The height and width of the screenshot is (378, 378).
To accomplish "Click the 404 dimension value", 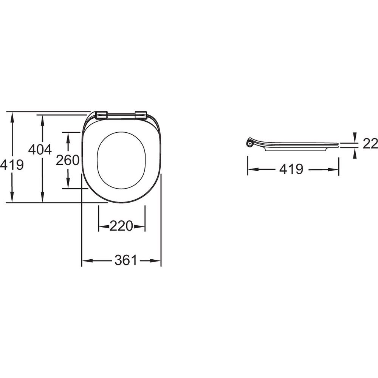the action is point(40,149).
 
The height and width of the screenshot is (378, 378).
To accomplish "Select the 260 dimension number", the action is point(68,160).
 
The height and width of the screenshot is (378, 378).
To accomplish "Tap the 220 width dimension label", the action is point(121,226).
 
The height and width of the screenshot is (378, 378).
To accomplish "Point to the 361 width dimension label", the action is point(126,260).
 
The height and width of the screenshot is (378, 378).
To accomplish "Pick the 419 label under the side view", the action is point(291,169).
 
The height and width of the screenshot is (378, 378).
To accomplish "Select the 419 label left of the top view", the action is point(12,165).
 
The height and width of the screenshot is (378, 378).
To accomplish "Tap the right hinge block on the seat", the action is point(141,115).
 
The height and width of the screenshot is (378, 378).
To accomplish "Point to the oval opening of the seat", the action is point(121,160).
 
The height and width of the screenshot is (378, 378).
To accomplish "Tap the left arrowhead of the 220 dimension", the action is point(104,226).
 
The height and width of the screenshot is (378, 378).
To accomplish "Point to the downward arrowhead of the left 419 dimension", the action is point(12,197).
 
